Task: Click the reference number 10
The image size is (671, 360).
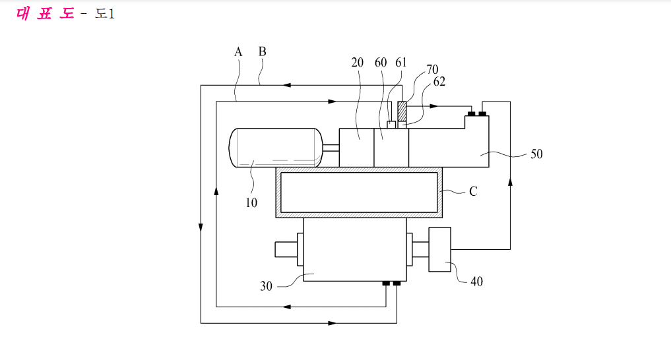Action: pyautogui.click(x=251, y=202)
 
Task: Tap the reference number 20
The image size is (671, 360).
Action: pyautogui.click(x=358, y=63)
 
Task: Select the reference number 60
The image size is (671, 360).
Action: pyautogui.click(x=381, y=63)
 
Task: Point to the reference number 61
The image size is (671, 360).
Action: pyautogui.click(x=400, y=63)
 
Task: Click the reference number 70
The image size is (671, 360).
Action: pyautogui.click(x=432, y=69)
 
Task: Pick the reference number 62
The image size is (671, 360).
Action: pyautogui.click(x=439, y=81)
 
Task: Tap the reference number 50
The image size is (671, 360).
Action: pyautogui.click(x=536, y=154)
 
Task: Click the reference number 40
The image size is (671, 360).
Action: pyautogui.click(x=477, y=282)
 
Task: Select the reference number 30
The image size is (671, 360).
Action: pyautogui.click(x=266, y=286)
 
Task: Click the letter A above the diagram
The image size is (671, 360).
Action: pyautogui.click(x=238, y=52)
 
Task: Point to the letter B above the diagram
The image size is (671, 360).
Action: pyautogui.click(x=263, y=51)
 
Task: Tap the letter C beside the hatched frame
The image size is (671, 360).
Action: pyautogui.click(x=473, y=191)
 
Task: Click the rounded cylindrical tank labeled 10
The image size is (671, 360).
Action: pyautogui.click(x=276, y=148)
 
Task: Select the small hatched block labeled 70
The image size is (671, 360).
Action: pyautogui.click(x=402, y=111)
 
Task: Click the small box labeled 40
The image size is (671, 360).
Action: pyautogui.click(x=440, y=249)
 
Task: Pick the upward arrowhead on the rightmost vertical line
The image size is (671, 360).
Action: pyautogui.click(x=510, y=182)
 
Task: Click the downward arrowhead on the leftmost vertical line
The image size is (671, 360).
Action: pyautogui.click(x=201, y=227)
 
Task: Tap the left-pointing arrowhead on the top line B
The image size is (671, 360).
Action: pyautogui.click(x=287, y=85)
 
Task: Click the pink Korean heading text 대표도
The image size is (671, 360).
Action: pyautogui.click(x=45, y=13)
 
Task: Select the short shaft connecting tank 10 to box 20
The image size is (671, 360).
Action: pyautogui.click(x=331, y=148)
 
